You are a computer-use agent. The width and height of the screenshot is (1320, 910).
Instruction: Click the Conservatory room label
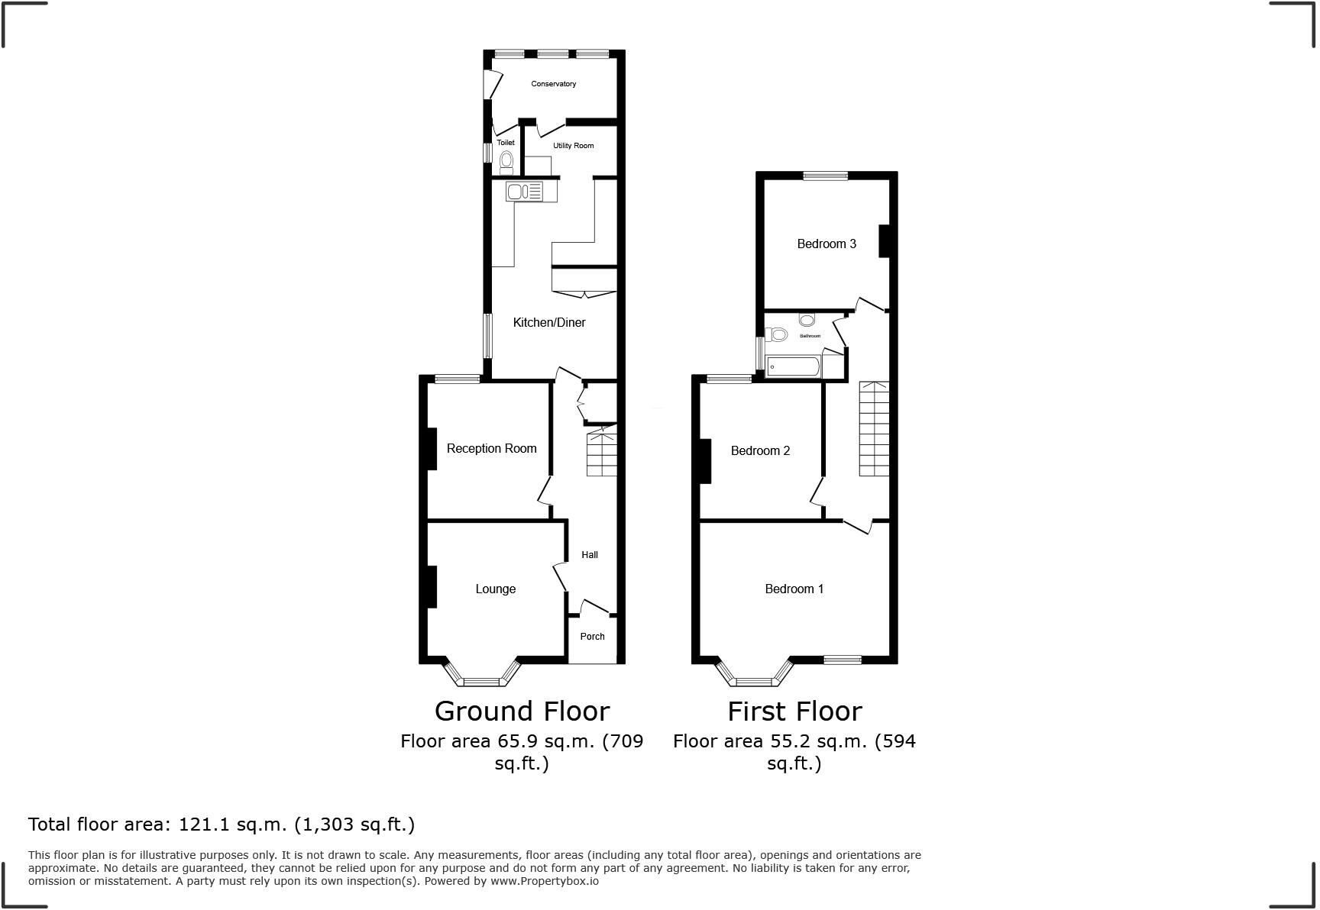click(x=553, y=84)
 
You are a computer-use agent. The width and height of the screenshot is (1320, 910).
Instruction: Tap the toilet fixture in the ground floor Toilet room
click(x=506, y=161)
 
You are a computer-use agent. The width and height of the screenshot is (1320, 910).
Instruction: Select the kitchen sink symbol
click(x=524, y=191)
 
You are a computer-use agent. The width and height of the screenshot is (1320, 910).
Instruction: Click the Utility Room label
click(x=573, y=146)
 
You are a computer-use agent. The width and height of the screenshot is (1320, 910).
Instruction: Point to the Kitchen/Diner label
click(x=548, y=323)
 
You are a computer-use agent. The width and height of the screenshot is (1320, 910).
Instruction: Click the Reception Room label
click(x=491, y=449)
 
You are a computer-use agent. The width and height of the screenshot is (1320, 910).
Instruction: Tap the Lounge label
click(x=495, y=589)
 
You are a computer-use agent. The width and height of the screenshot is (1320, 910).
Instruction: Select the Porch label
click(x=592, y=637)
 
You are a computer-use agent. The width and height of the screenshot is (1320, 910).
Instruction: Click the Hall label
click(x=589, y=555)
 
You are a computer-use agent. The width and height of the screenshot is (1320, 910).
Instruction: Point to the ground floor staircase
click(x=601, y=454)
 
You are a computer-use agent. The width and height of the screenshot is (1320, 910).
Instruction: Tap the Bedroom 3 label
click(x=826, y=244)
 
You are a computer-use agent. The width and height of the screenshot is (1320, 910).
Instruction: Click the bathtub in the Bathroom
click(x=793, y=367)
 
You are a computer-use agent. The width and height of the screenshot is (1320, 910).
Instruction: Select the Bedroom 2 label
click(x=760, y=451)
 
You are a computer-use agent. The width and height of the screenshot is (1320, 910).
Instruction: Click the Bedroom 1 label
click(x=794, y=589)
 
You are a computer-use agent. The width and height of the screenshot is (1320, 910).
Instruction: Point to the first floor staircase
click(x=874, y=429)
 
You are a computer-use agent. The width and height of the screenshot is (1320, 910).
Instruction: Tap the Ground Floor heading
click(x=522, y=712)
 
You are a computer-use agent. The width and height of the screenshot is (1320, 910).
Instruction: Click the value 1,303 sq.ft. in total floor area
click(x=358, y=824)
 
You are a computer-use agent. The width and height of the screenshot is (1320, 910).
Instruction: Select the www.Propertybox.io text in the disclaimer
click(x=544, y=881)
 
